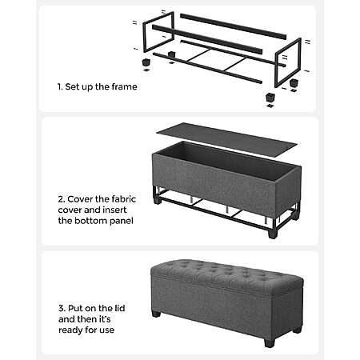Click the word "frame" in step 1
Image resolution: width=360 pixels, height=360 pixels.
click(x=124, y=86)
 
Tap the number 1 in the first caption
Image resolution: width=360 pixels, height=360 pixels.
click(x=59, y=86)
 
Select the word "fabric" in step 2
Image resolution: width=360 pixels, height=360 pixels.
click(x=124, y=199)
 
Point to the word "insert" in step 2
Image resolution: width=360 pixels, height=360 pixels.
click(x=114, y=210)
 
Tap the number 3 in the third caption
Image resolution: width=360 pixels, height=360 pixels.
click(x=62, y=308)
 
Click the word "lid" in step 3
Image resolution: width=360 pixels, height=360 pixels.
click(x=120, y=308)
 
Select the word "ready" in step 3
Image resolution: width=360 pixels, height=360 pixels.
click(x=70, y=330)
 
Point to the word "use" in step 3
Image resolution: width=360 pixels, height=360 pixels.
click(x=107, y=330)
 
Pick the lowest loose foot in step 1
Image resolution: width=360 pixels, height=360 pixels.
click(x=270, y=97)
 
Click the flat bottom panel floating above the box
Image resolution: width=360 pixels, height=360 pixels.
click(x=226, y=138)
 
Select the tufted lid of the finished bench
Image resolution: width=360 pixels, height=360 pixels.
click(x=226, y=276)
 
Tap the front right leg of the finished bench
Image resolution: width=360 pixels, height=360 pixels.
click(x=270, y=342)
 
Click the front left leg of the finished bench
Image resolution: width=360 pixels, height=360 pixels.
click(x=156, y=314)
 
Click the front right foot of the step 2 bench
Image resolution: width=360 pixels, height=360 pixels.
click(x=273, y=234)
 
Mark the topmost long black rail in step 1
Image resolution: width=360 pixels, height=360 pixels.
click(x=234, y=26)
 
